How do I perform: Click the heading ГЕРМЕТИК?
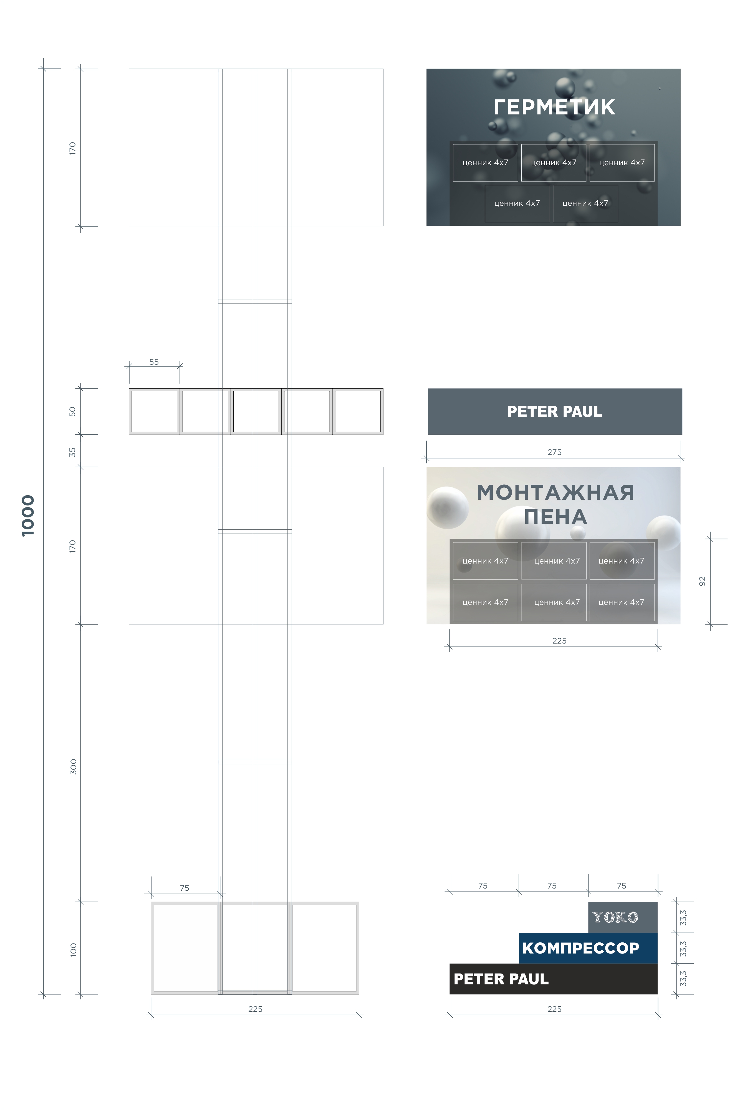[x=555, y=107]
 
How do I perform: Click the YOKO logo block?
[x=622, y=917]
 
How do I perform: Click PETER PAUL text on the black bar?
[x=501, y=979]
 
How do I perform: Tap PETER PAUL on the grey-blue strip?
[x=555, y=411]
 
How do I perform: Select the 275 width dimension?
[x=555, y=452]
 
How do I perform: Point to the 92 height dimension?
[x=702, y=581]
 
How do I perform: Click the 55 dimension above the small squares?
[x=154, y=362]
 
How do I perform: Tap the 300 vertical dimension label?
[x=73, y=767]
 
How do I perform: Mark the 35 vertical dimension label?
[x=72, y=452]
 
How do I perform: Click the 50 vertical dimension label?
[x=72, y=411]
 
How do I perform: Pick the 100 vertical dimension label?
[x=73, y=950]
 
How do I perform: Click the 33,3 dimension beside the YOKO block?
[x=683, y=917]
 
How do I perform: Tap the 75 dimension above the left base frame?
[x=185, y=888]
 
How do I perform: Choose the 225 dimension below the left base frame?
[x=255, y=1009]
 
